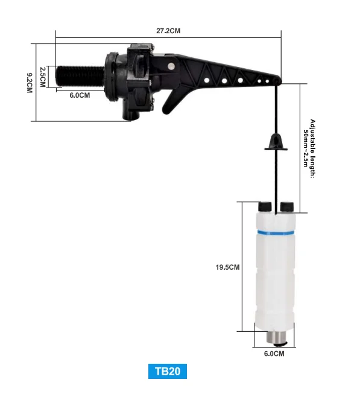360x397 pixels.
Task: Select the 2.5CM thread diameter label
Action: click(43, 77)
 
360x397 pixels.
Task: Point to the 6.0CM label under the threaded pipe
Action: click(80, 95)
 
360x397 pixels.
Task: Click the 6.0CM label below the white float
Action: click(274, 354)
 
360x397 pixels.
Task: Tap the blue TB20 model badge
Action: click(168, 370)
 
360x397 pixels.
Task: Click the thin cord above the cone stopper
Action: click(275, 109)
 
